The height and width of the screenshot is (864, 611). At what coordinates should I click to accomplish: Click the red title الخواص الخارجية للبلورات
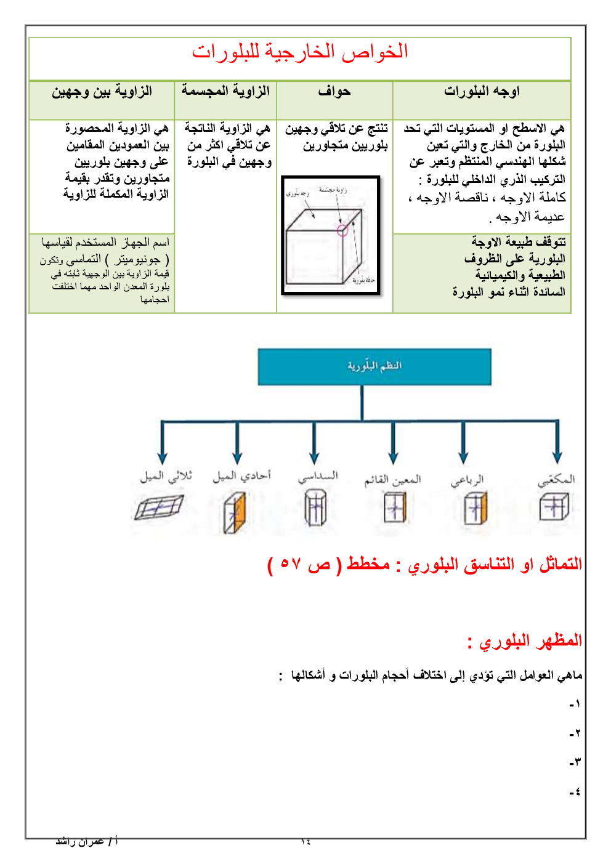pos(300,52)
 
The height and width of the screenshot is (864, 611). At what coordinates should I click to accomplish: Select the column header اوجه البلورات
pos(482,92)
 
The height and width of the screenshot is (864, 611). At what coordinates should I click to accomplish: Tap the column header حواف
pos(334,92)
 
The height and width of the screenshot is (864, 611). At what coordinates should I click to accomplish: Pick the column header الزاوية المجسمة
pos(225,91)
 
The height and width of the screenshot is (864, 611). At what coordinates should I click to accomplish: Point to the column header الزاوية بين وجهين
pos(102,92)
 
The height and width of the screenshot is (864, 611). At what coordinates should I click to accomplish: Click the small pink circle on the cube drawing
pos(342,231)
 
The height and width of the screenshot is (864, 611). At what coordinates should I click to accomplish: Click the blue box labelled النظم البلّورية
pos(374,366)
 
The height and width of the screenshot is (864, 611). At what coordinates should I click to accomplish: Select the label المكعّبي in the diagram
pos(556,479)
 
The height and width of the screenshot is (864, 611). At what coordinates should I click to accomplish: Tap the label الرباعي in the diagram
pos(467,480)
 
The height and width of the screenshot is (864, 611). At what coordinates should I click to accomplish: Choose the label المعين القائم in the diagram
pos(392,479)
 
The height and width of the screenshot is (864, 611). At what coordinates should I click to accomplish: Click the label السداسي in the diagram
pos(318,477)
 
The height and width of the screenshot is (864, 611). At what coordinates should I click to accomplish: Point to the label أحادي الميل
pos(241,476)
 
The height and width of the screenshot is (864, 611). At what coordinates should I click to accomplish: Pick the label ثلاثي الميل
pos(166,476)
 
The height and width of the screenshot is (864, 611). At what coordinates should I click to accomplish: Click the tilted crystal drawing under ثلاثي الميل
pos(159,508)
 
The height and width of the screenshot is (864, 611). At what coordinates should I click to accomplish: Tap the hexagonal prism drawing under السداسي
pos(315,509)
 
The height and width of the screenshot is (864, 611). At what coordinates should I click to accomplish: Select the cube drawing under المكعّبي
pos(554,507)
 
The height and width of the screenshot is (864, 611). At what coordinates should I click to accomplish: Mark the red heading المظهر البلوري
pos(525,642)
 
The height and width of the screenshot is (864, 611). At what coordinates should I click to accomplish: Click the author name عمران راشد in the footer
pos(80,841)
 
